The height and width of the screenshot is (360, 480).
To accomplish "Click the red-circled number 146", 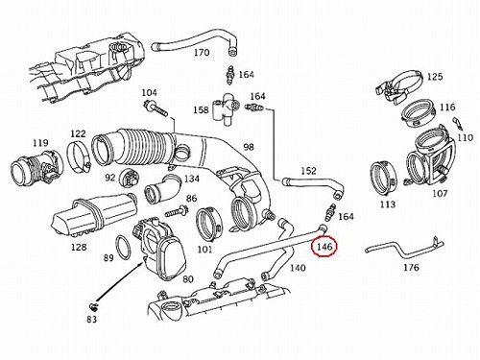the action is [x=324, y=247].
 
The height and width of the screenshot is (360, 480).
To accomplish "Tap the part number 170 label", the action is [x=202, y=52].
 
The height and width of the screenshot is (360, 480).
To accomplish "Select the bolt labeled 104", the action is [x=156, y=108].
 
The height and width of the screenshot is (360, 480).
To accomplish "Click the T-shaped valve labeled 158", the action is [x=226, y=109].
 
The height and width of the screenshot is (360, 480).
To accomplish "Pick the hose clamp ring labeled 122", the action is [x=79, y=156].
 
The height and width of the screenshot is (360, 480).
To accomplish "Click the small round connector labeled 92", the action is [x=130, y=179].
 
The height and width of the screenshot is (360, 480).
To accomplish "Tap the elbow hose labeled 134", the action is [x=162, y=189].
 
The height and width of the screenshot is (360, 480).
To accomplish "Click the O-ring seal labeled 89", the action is [x=123, y=247].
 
